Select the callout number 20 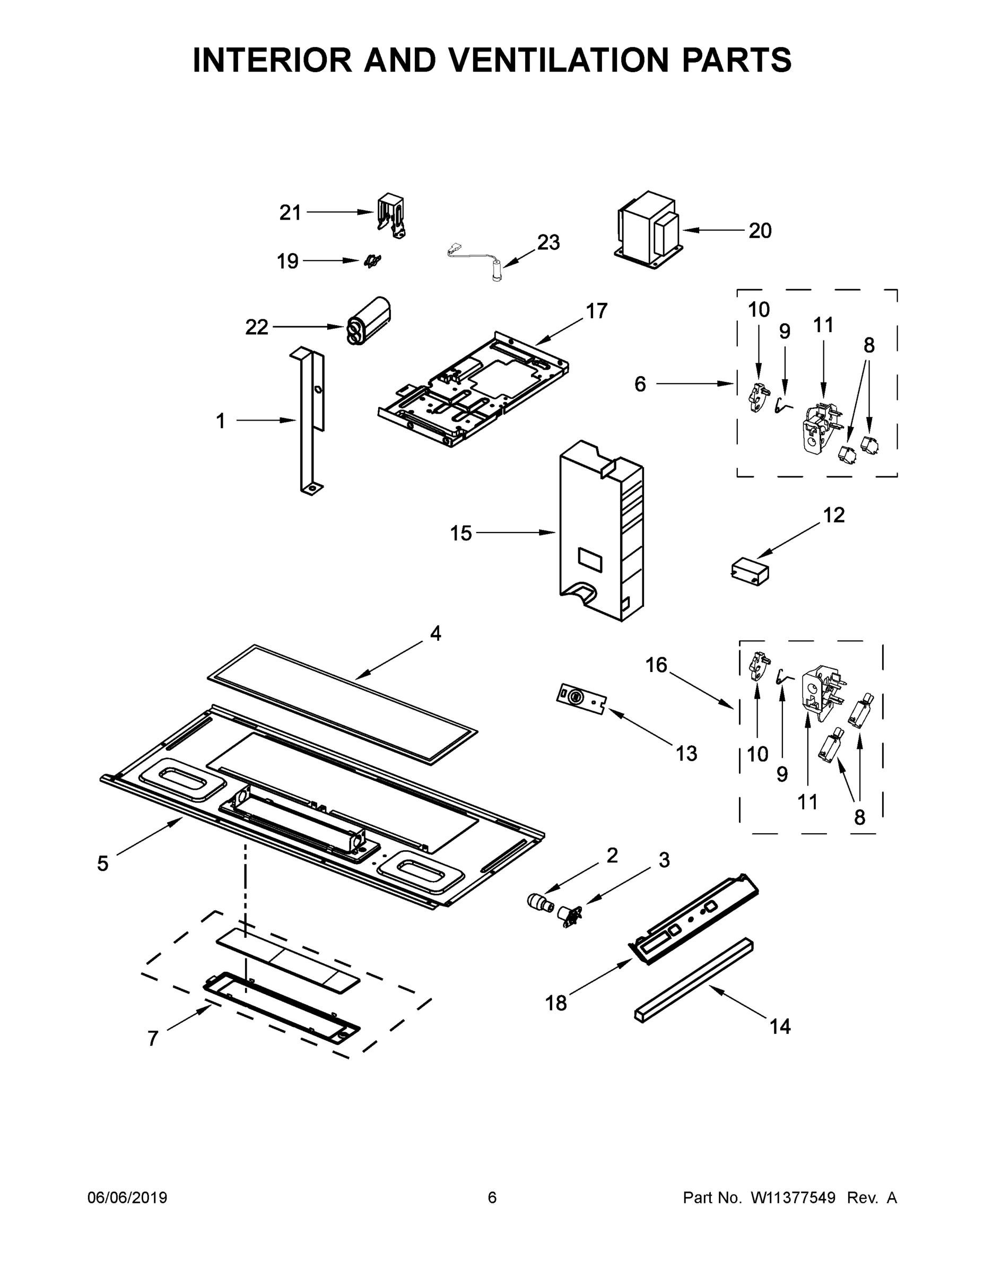tap(760, 231)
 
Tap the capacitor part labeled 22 tap(369, 320)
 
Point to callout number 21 tap(290, 213)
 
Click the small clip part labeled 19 tap(372, 261)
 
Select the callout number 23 tap(548, 242)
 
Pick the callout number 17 tap(596, 311)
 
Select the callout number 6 tap(640, 384)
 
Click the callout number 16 tap(656, 665)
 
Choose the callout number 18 tap(555, 1003)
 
